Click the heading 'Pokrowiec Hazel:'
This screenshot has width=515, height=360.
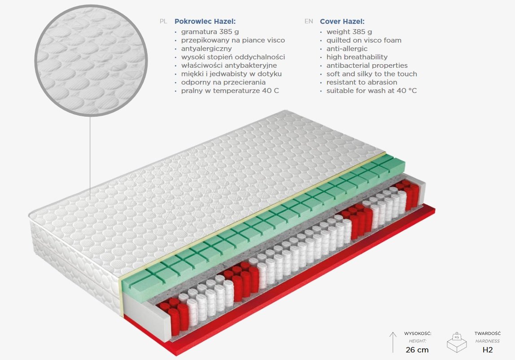(205, 22)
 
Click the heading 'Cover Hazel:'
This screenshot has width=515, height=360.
(342, 22)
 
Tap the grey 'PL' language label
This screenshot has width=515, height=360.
(163, 22)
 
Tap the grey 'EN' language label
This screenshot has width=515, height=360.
(309, 22)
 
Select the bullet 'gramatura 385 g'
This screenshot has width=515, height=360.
(210, 32)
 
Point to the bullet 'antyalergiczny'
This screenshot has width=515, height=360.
(206, 48)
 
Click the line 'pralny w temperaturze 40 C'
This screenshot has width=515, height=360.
(230, 91)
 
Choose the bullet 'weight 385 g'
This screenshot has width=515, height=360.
(349, 32)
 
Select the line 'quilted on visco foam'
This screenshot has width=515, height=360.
(364, 40)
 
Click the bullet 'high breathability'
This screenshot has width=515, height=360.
(357, 57)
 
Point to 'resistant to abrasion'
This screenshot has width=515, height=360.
(362, 82)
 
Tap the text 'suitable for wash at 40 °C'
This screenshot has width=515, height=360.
(371, 91)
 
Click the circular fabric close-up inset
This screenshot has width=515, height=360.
(91, 60)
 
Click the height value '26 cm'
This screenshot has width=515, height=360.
(417, 350)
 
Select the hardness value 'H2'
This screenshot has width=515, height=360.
(488, 350)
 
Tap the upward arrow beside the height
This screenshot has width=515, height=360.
(393, 342)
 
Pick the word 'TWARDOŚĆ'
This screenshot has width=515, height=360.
(488, 334)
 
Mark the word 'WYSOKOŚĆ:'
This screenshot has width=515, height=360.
(418, 334)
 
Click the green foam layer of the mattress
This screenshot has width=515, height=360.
(263, 224)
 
